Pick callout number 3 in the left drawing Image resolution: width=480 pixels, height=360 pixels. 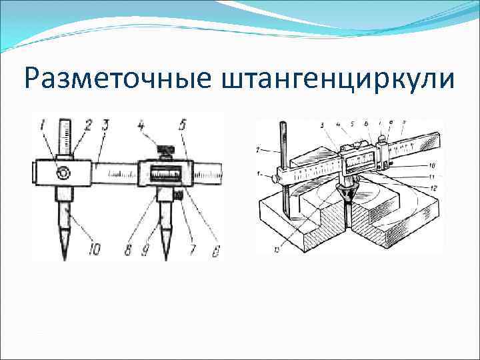pos(106,125)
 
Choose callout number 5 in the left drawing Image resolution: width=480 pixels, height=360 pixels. pos(183,125)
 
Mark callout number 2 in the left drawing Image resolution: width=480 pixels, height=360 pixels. pos(87,125)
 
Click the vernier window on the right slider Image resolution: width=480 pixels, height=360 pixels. pos(164,175)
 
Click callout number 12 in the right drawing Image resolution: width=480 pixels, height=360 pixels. pos(434,187)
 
